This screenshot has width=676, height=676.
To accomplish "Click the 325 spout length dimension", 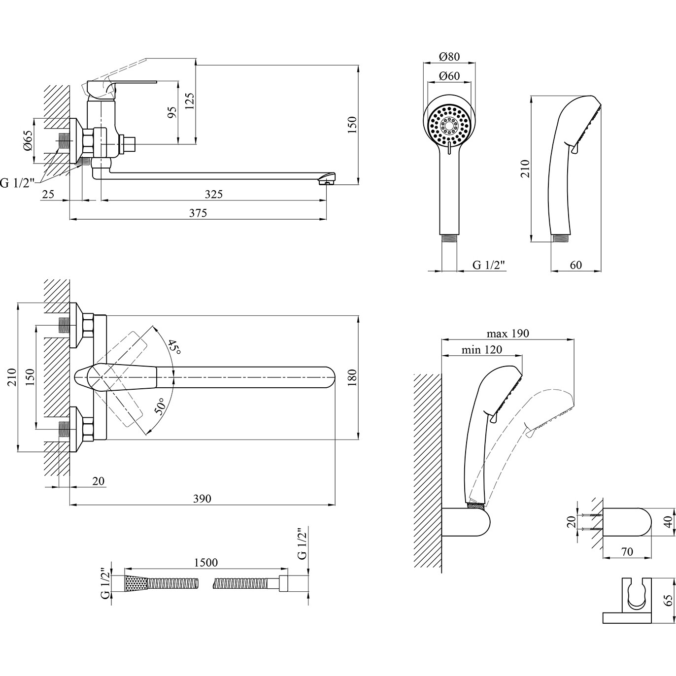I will [214, 194].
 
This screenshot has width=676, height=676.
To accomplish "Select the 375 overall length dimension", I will [198, 213].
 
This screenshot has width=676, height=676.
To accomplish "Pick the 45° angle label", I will [174, 347].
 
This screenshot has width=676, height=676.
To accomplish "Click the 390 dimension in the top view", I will [202, 499].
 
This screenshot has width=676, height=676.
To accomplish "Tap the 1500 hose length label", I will [206, 562].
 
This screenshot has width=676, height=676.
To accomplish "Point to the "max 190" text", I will [507, 334].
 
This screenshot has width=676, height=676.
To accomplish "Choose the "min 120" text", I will [482, 349].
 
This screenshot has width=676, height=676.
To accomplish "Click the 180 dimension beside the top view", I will [351, 377].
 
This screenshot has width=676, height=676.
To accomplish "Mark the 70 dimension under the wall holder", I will [627, 552].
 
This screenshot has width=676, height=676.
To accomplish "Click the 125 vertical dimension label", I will [190, 102].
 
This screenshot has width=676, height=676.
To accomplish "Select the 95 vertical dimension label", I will [172, 112].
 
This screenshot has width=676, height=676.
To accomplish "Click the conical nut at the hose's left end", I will [136, 584].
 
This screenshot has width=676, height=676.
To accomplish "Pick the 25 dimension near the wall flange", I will [48, 194].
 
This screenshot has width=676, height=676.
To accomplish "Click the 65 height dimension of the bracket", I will [668, 600].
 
